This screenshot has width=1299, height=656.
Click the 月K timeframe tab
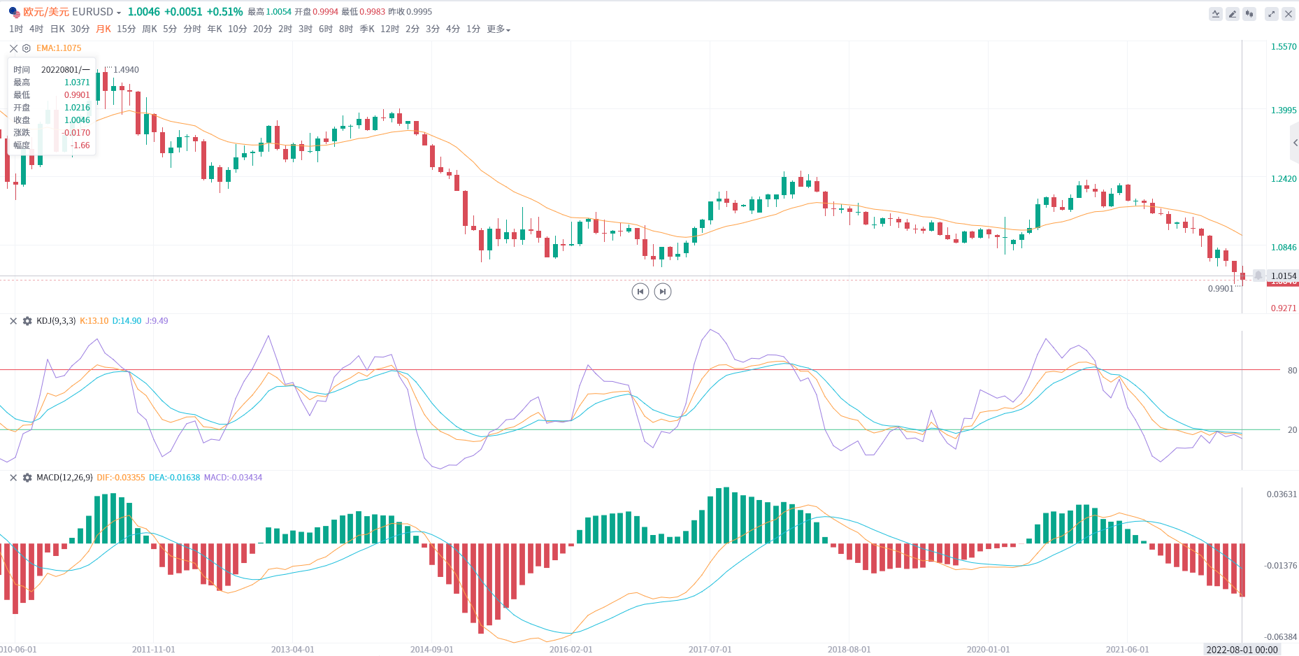pos(103,29)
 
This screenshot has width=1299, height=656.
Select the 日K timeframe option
pos(57,29)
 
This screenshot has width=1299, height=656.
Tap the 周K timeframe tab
pos(150,29)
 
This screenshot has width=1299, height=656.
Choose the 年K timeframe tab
pos(215,29)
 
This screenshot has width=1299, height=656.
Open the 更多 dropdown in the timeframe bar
pos(498,29)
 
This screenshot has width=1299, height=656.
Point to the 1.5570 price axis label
pos(1283,47)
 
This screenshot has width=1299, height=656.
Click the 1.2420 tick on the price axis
pos(1283,179)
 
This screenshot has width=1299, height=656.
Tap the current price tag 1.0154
pos(1283,276)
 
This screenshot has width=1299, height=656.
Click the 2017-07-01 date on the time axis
pos(710,650)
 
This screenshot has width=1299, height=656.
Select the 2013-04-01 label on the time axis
pos(292,650)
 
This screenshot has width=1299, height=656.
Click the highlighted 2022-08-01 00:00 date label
pos(1242,650)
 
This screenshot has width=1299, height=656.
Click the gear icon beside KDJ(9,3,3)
pos(27,321)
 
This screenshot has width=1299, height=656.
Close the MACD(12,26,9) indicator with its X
pos(13,478)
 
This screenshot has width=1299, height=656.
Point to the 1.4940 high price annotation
pos(126,70)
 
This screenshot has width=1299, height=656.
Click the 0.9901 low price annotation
pos(1221,289)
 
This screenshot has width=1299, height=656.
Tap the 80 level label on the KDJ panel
pos(1292,371)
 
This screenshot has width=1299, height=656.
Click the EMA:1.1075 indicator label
pos(59,48)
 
